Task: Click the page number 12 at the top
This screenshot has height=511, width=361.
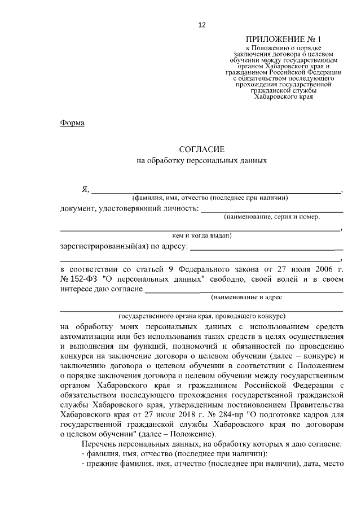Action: click(202, 24)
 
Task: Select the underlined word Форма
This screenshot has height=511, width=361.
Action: click(72, 123)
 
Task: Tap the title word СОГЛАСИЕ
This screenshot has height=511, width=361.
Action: click(201, 149)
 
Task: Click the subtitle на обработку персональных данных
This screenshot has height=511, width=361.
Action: click(201, 161)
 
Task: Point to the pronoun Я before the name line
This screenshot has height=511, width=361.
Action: click(85, 188)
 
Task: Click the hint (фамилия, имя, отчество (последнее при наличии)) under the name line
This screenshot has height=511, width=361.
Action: click(210, 198)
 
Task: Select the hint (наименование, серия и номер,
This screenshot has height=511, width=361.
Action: click(272, 217)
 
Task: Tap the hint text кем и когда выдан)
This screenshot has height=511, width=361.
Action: click(201, 235)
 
